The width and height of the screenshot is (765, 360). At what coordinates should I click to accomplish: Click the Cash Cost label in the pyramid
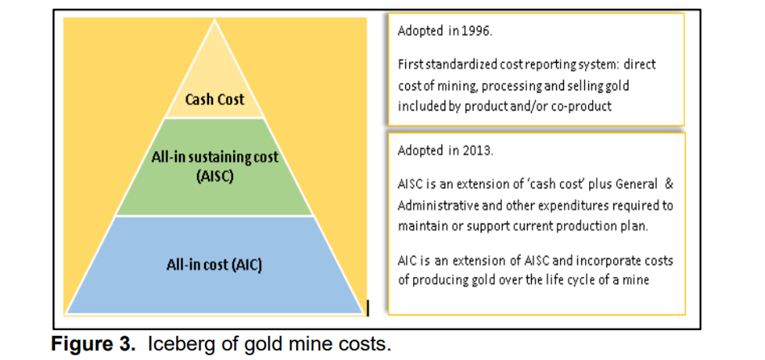tap(214, 101)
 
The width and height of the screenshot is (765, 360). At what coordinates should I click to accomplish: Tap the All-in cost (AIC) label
tap(214, 264)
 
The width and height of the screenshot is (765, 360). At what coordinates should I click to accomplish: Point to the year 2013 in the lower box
tap(475, 150)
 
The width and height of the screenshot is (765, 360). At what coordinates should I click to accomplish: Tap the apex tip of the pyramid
tap(214, 20)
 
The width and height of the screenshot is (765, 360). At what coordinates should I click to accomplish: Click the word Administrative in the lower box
tap(437, 205)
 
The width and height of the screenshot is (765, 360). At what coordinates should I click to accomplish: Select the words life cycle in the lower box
tap(590, 279)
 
